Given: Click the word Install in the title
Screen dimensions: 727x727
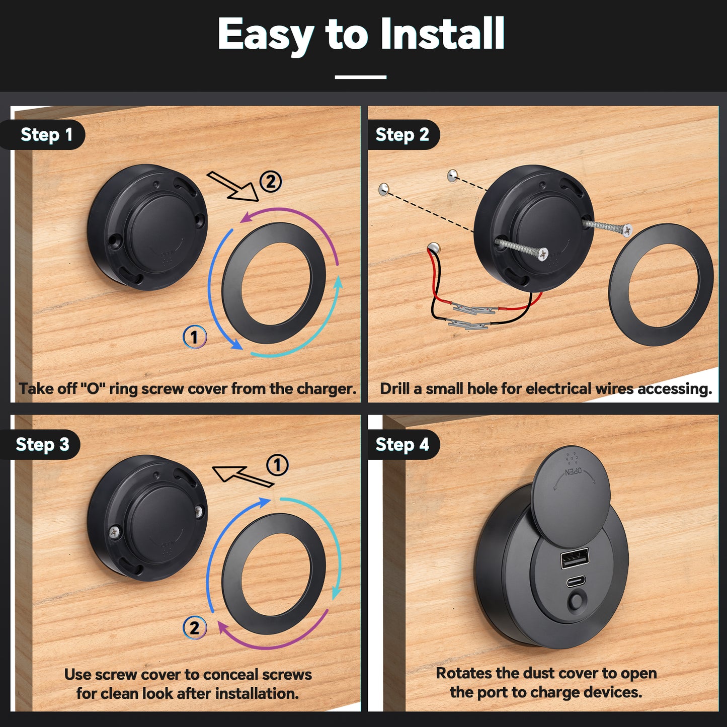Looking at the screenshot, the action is (x=443, y=34).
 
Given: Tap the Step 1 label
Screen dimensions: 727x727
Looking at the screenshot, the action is (x=46, y=135).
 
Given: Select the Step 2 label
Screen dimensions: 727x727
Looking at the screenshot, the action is (x=402, y=135).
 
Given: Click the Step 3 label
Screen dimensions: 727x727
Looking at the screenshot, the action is (x=43, y=444).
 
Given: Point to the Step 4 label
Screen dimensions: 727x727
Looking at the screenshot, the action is (x=402, y=444).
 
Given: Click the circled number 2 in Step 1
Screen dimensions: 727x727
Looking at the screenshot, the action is (x=271, y=182).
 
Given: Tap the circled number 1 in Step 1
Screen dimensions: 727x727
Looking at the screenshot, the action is (x=195, y=337).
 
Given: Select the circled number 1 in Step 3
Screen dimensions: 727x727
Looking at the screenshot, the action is (x=278, y=465).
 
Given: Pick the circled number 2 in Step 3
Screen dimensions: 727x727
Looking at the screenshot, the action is (x=195, y=628).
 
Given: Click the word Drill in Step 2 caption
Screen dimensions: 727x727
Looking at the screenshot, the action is (x=394, y=388).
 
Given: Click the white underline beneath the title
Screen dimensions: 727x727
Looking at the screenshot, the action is (x=360, y=77).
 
